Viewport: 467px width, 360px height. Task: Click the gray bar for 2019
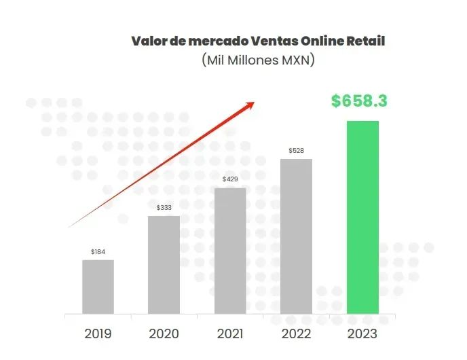[98, 287]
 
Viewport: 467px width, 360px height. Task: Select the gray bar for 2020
[164, 265]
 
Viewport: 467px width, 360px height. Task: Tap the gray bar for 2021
[230, 251]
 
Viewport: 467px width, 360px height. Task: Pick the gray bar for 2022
[296, 236]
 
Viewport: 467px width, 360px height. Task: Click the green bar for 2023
[362, 217]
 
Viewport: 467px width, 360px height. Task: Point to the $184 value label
[98, 252]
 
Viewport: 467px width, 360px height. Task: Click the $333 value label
[164, 207]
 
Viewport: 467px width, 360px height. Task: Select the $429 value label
[230, 179]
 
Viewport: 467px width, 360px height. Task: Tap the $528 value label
[296, 150]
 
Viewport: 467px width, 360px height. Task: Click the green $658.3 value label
[359, 101]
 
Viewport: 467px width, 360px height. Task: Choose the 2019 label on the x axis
[98, 334]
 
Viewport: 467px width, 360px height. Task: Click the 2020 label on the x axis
[164, 334]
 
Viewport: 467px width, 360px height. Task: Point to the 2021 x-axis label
[230, 334]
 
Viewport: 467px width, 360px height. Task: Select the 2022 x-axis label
[296, 334]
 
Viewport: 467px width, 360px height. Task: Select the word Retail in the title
[366, 41]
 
